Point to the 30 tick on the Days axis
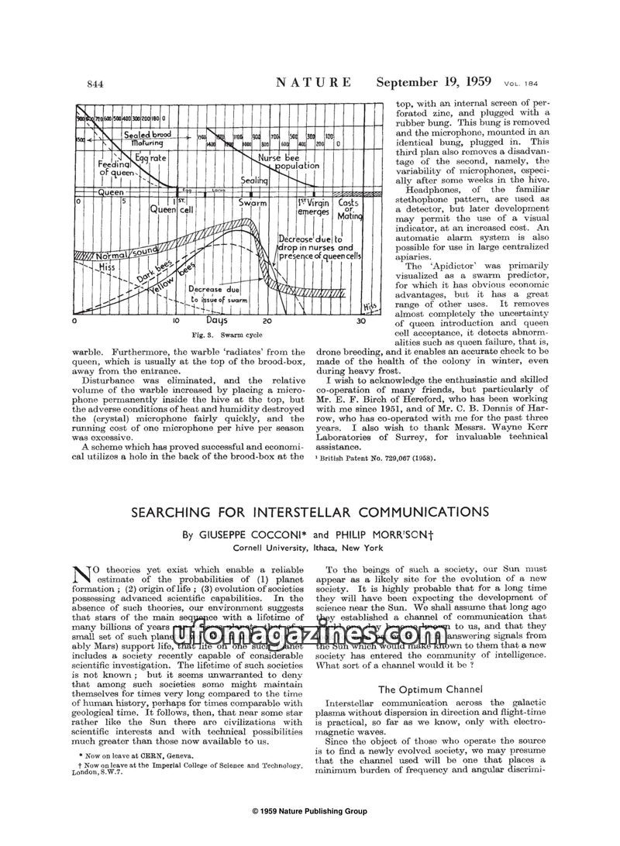pyautogui.click(x=361, y=321)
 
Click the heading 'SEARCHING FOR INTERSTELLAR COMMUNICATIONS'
pyautogui.click(x=310, y=512)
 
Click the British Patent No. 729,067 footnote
pyautogui.click(x=376, y=458)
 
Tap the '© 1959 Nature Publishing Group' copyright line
pyautogui.click(x=310, y=811)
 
